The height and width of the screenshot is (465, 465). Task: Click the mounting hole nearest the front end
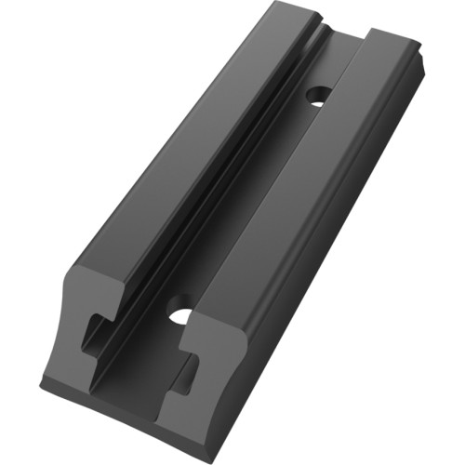tap(180, 314)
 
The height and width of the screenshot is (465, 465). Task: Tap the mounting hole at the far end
tap(317, 95)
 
